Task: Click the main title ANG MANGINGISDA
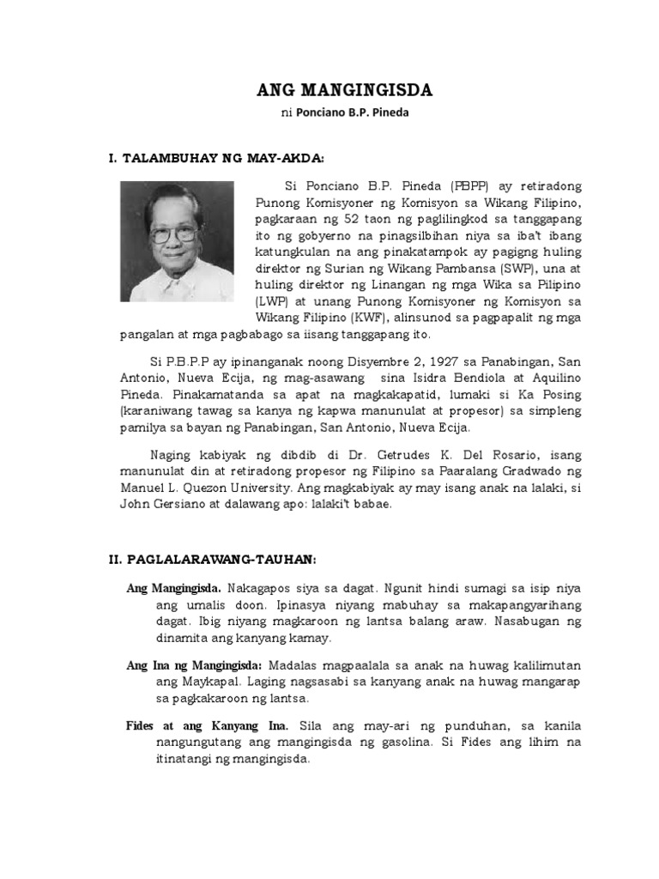(x=346, y=90)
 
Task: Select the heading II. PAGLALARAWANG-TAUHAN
(x=213, y=560)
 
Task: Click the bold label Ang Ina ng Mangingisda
(x=195, y=664)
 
